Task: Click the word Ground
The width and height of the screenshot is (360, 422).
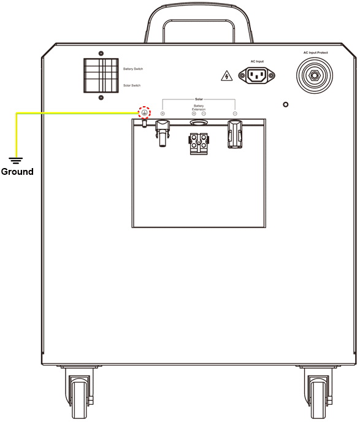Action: click(17, 172)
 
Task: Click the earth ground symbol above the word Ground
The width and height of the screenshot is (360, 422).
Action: click(16, 161)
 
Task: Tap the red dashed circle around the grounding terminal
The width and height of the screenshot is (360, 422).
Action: click(145, 112)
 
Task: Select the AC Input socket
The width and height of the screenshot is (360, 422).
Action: click(257, 75)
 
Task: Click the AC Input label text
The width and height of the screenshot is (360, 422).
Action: click(257, 61)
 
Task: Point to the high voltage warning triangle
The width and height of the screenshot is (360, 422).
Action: click(226, 76)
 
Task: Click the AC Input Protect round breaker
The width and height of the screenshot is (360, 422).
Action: click(314, 75)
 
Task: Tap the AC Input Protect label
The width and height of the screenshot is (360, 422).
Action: click(316, 53)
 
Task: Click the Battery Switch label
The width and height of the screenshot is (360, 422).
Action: click(133, 69)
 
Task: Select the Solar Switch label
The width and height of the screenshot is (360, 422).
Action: click(132, 85)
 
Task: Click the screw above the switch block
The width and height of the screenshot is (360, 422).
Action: click(101, 53)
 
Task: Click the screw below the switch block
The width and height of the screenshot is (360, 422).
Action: click(101, 98)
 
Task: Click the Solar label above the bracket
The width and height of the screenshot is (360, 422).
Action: click(199, 99)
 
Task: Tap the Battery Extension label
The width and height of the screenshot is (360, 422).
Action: click(199, 108)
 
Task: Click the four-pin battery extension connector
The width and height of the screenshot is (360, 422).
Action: click(199, 143)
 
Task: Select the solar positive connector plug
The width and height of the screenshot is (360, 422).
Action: click(163, 133)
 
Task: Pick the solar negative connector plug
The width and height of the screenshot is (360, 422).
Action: click(235, 134)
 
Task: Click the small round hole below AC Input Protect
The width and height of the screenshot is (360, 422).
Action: click(286, 104)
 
